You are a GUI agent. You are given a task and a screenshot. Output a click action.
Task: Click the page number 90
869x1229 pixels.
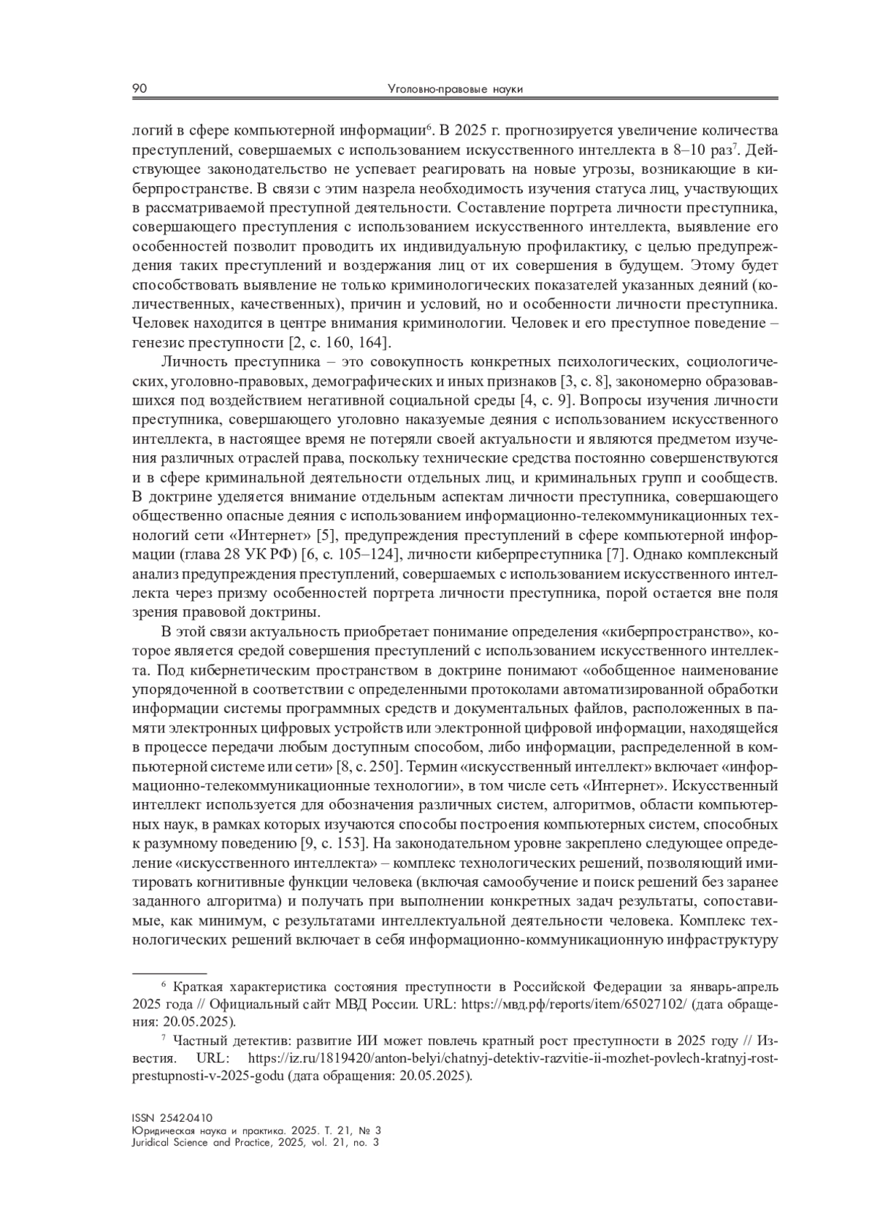click(x=140, y=89)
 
